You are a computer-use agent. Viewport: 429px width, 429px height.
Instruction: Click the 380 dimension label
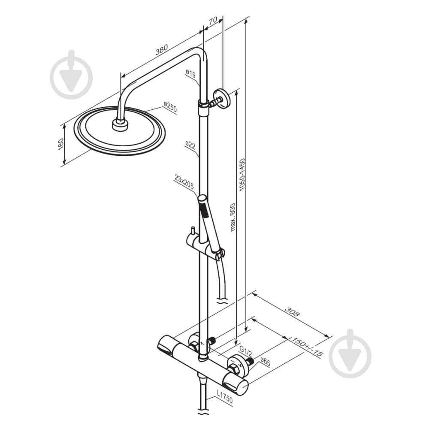(161, 49)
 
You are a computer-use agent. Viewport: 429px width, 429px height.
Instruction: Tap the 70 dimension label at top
(213, 20)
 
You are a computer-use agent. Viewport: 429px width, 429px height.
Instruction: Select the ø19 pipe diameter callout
(190, 74)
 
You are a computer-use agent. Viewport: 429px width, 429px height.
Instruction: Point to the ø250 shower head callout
(170, 107)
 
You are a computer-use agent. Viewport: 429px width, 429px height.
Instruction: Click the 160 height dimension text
(61, 144)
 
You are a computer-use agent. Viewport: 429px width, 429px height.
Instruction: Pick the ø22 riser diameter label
(190, 145)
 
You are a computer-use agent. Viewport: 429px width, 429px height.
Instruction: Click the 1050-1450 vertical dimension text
(242, 174)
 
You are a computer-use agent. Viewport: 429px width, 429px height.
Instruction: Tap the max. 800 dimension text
(233, 217)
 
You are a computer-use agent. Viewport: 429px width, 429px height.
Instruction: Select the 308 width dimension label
(292, 311)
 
